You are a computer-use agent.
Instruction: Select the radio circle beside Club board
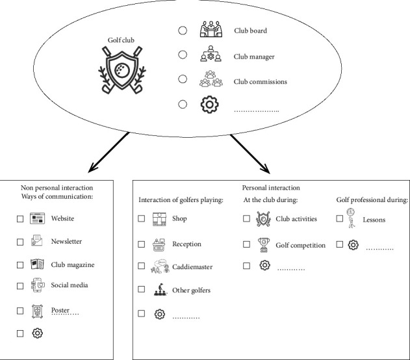pos(183,31)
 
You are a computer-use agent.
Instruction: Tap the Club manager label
pos(253,57)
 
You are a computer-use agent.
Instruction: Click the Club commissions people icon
pos(210,81)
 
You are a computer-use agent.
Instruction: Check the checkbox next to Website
pos(21,220)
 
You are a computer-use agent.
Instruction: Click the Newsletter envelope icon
pos(38,242)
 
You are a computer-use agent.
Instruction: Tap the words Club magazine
pos(73,264)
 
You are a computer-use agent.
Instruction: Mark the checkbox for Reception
pos(142,244)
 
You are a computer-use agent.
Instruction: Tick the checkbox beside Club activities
pos(246,219)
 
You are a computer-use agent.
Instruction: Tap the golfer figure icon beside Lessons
pos(352,220)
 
